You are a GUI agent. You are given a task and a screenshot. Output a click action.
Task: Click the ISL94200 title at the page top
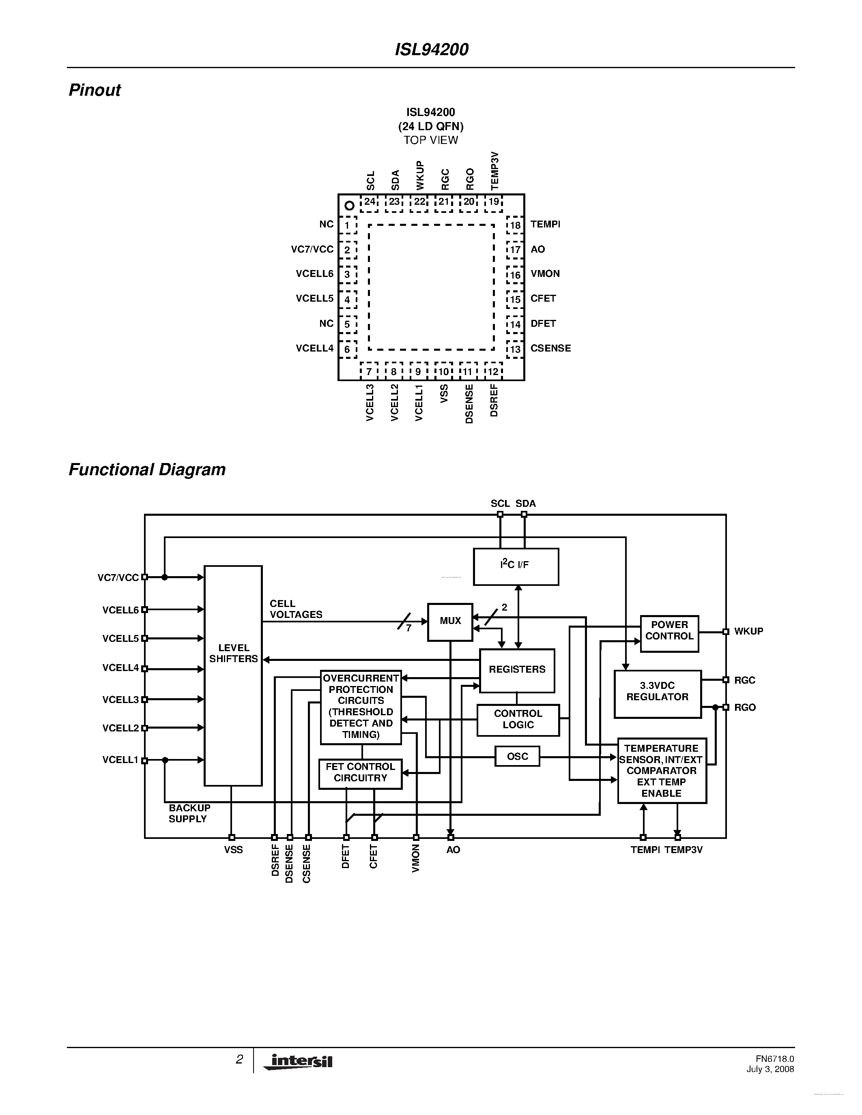point(432,49)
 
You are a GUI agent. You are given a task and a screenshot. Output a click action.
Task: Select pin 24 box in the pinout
point(369,202)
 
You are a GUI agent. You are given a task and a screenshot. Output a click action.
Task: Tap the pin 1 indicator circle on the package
point(349,206)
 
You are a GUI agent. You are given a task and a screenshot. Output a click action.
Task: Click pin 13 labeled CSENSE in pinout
point(515,349)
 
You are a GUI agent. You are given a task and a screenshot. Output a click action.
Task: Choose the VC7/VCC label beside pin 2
point(312,249)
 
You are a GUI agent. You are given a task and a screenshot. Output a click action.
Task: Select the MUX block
point(450,621)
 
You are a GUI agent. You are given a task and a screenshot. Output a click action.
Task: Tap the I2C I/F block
point(515,566)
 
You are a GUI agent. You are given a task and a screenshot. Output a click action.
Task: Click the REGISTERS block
point(517,670)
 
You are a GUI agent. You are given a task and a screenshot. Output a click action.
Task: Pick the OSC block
point(517,756)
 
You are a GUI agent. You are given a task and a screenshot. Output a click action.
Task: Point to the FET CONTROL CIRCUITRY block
point(360,773)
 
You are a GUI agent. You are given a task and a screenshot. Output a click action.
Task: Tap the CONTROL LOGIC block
point(518,719)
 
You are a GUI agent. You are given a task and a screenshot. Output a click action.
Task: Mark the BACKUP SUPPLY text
point(189,813)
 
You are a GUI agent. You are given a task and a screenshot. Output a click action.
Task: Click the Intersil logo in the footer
point(299,1061)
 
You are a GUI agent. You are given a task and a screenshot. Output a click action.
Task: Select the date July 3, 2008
point(770,1069)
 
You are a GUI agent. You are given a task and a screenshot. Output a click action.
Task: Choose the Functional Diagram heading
point(147,470)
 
